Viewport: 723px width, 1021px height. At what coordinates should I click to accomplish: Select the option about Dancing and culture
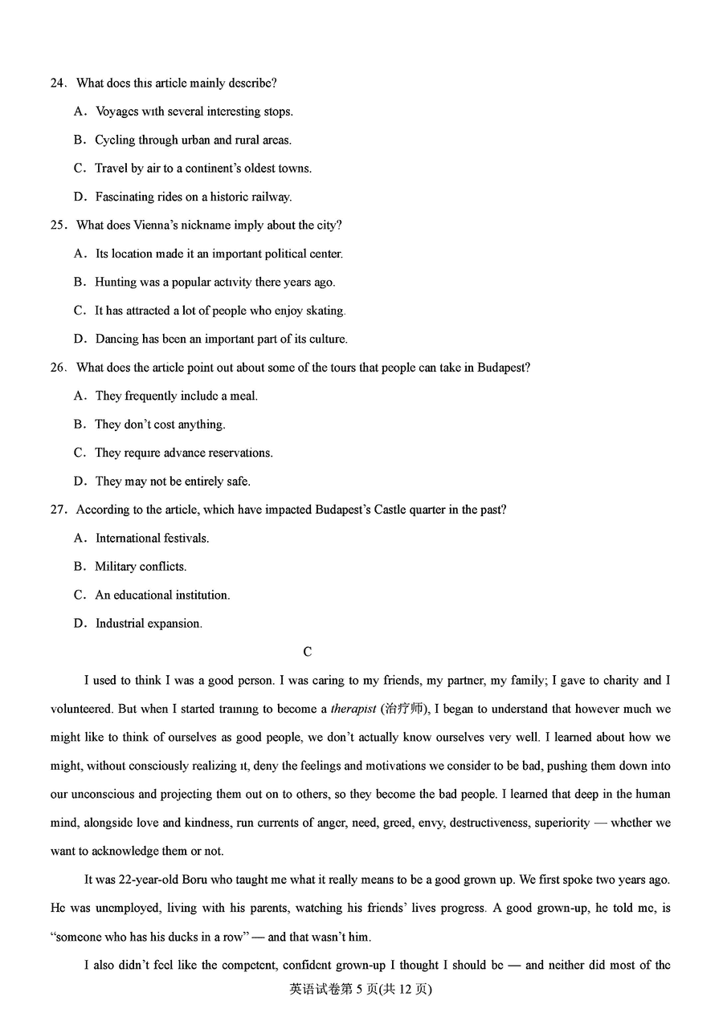[x=221, y=340]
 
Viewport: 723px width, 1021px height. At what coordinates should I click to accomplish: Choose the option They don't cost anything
[x=160, y=425]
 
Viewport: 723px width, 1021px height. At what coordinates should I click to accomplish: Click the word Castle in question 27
[x=390, y=510]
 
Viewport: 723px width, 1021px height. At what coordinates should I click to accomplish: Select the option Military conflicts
[x=141, y=567]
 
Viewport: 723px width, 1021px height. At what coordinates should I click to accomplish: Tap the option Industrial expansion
[x=149, y=624]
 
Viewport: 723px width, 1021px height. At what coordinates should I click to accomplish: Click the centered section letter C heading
[x=308, y=653]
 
